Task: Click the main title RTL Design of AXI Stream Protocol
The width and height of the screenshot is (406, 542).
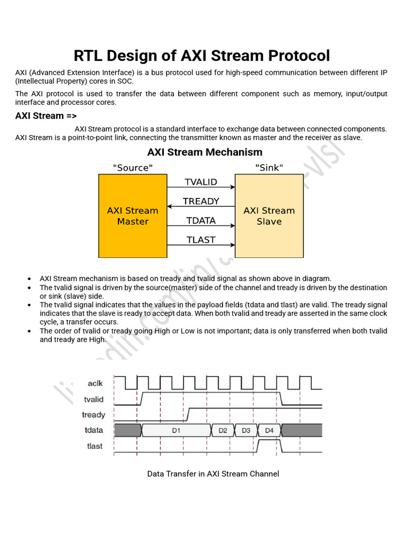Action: tap(201, 56)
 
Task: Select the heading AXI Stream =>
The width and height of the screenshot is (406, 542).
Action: tap(47, 116)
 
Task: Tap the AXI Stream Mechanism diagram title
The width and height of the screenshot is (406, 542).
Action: tap(205, 152)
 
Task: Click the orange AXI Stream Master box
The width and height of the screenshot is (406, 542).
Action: tap(133, 216)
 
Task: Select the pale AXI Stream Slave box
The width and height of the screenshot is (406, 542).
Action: tap(269, 216)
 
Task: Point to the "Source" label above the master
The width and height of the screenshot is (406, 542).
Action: tap(133, 168)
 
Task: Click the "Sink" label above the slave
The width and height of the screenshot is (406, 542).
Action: tap(269, 168)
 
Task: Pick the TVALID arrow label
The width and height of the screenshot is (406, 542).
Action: tap(201, 182)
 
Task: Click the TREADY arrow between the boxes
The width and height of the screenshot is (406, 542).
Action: tap(201, 206)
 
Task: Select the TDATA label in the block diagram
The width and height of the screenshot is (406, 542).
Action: tap(201, 221)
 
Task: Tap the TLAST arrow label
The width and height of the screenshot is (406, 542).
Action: tap(201, 240)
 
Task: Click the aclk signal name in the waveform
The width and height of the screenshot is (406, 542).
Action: tap(95, 383)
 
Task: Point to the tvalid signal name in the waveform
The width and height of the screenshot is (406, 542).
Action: tap(94, 400)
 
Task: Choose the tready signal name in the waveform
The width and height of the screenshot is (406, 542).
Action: tap(94, 415)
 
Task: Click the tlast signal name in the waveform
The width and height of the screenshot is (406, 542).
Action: tap(95, 446)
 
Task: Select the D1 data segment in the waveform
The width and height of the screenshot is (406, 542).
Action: tap(176, 430)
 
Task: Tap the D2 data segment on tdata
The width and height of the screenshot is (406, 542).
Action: tap(223, 430)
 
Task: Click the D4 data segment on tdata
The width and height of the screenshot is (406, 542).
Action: tap(269, 430)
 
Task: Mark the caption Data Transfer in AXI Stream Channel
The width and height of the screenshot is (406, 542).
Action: tap(213, 474)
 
